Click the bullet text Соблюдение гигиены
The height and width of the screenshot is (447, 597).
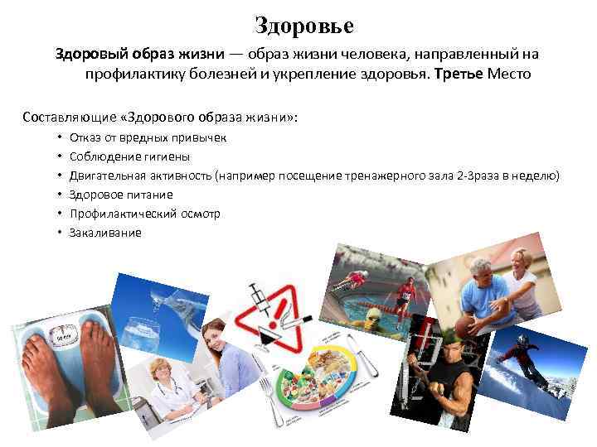tap(130, 156)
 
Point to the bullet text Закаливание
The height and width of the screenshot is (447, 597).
tap(105, 233)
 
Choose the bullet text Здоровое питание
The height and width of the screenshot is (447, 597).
tap(121, 195)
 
